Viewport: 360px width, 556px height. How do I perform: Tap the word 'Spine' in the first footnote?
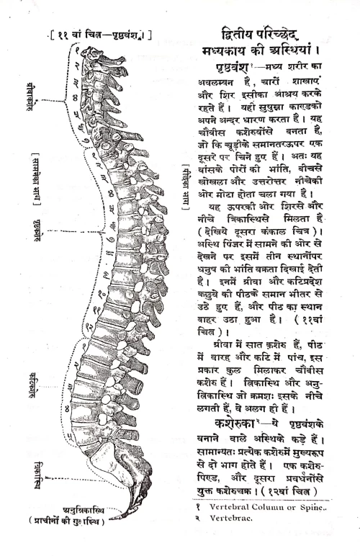pyautogui.click(x=313, y=508)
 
